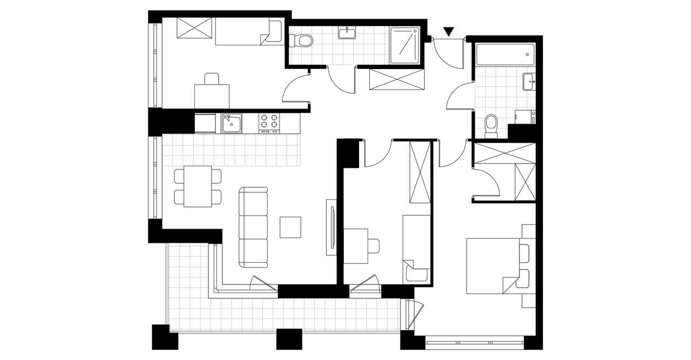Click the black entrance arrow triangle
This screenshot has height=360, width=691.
coord(449,32)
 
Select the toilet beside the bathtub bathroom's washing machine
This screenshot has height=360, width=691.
coord(491,124)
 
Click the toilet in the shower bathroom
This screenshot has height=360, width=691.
coord(302,40)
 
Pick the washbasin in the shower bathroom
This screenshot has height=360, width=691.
coord(346,33)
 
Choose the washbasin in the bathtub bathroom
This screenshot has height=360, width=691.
coord(529,81)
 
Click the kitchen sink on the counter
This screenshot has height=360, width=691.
coord(231,124)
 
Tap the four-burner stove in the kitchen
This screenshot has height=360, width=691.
coord(269,123)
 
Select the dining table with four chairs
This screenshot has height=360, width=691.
coord(197,186)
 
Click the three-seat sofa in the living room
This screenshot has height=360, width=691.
coord(253,227)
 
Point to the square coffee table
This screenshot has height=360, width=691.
coord(290,227)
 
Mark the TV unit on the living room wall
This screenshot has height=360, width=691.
coord(331,227)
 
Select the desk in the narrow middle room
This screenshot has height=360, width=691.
coord(356,246)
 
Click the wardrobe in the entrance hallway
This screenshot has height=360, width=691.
coord(396,79)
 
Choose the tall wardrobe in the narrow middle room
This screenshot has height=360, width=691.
coord(420,172)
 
